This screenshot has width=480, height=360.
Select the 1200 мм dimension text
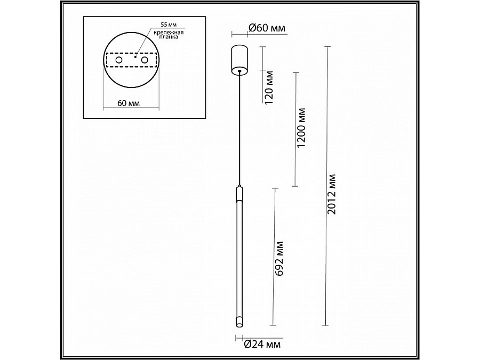click(x=302, y=128)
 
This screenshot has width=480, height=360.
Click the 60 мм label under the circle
click(x=130, y=103)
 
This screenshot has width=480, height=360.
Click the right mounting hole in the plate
click(x=144, y=61)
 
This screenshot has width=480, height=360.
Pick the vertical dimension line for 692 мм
click(x=274, y=256)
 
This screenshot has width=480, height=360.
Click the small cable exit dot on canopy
click(x=239, y=70)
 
